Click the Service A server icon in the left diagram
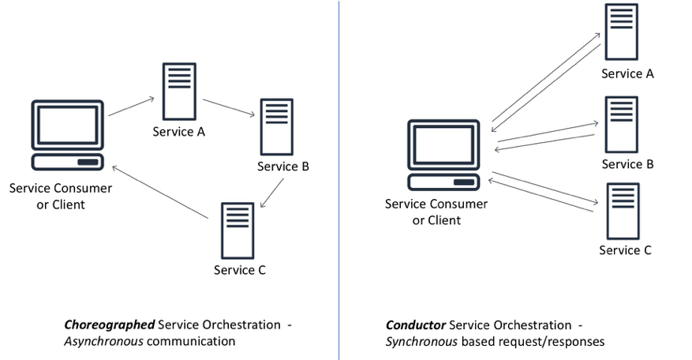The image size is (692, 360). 179,91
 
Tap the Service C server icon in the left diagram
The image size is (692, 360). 237,231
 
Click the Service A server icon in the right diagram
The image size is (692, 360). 622,32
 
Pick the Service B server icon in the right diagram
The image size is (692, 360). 622,124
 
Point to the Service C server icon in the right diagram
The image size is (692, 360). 622,211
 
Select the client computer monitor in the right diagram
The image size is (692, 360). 443,145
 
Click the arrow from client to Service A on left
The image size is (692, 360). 131,107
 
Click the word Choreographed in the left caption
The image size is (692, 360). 109,325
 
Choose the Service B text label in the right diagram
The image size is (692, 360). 627,164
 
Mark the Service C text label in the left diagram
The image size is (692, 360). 240,270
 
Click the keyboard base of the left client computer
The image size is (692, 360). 67,162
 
